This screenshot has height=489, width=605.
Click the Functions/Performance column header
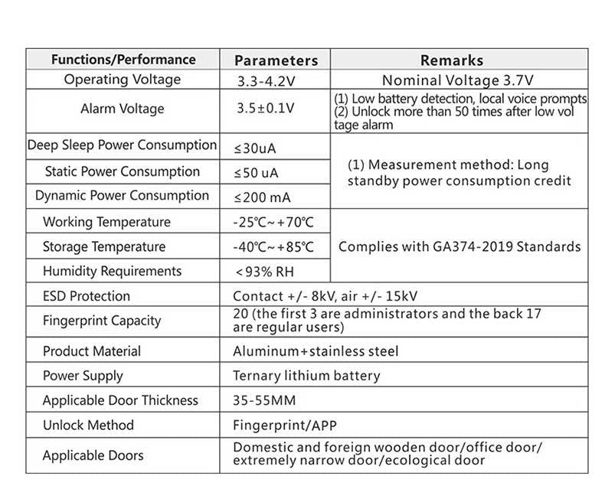coord(123,60)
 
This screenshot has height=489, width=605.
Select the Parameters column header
coord(276,60)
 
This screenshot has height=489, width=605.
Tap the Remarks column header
coord(452,60)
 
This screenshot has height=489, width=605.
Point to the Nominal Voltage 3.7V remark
coord(458,80)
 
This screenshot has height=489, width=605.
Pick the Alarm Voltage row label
coord(123,109)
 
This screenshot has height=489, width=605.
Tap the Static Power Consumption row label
coord(123,171)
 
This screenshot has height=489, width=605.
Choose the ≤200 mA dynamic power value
coord(262,197)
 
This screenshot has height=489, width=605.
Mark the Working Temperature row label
coord(106,222)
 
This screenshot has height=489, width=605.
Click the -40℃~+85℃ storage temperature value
coord(273,247)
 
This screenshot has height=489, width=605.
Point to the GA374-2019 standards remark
coord(459,247)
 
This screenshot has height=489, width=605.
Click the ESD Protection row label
coord(87,296)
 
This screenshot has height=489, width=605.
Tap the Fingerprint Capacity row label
coord(102,321)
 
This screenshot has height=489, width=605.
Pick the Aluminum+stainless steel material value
coord(316,351)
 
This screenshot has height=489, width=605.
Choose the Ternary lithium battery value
coord(306,376)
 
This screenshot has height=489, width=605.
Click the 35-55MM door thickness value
coord(264,400)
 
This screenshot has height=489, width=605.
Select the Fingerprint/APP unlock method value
coord(285,425)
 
